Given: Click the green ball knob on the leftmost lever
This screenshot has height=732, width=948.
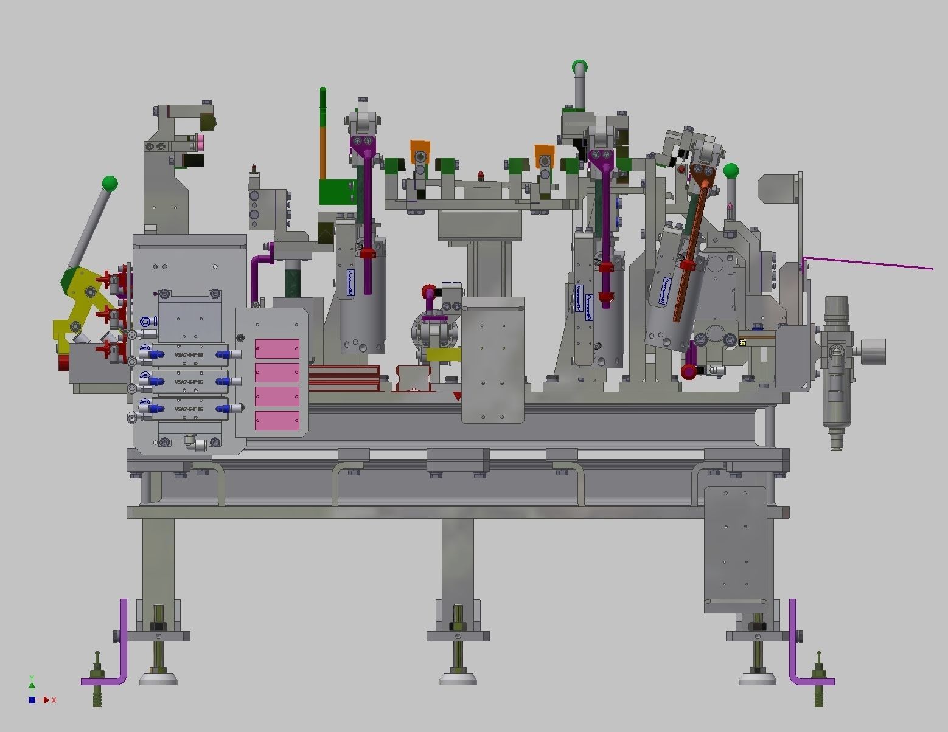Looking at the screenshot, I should [x=110, y=183].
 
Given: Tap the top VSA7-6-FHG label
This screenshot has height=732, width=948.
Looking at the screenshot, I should [x=189, y=354].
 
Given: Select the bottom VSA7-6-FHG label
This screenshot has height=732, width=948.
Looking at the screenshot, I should [x=189, y=409].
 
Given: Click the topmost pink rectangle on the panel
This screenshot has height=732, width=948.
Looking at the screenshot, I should [x=277, y=349].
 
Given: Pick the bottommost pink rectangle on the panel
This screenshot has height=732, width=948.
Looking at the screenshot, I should [x=277, y=421].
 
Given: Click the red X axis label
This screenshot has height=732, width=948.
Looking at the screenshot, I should [x=54, y=700].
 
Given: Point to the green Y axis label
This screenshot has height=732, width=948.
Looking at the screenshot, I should [x=32, y=678].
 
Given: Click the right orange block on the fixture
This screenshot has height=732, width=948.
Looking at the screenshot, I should [x=545, y=154].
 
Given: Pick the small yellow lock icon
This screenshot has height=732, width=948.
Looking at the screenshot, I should [x=743, y=343].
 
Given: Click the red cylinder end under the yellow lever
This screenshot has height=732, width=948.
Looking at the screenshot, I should [x=64, y=362].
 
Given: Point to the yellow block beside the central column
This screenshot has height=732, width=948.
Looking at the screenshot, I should [x=443, y=354].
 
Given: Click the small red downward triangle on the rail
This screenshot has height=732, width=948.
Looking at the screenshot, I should [x=457, y=396].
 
